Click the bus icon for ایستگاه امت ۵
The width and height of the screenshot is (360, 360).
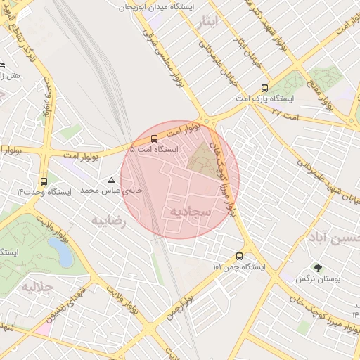[x=155, y=138]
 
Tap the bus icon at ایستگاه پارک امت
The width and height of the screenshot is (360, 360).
[x=264, y=88]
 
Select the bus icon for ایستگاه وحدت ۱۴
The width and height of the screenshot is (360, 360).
[x=44, y=181]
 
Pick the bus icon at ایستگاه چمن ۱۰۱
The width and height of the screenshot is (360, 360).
[x=240, y=256]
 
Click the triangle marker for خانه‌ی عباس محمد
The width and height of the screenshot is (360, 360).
[x=110, y=181]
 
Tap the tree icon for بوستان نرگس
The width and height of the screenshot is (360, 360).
[x=318, y=268]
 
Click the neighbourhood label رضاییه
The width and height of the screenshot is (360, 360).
[x=108, y=220]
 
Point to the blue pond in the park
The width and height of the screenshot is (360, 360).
[x=65, y=252]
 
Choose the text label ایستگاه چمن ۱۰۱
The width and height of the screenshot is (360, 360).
[x=239, y=268]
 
